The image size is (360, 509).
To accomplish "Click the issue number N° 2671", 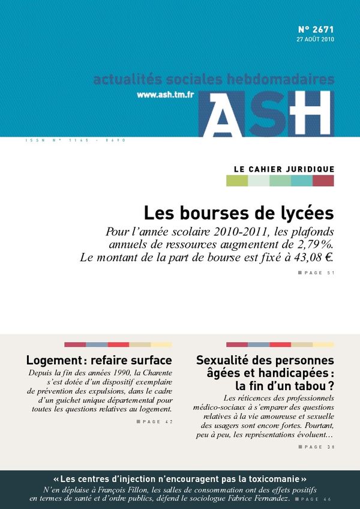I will pos(316,29).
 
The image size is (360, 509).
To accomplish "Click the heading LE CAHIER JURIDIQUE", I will pos(284,169).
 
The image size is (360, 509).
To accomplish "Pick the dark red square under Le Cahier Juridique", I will pos(323,181).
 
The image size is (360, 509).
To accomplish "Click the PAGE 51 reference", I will pos(319,273).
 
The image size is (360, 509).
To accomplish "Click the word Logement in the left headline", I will pos(53,361).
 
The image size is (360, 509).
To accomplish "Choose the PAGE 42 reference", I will pos(157,422).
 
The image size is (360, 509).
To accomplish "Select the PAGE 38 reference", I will pos(319,447).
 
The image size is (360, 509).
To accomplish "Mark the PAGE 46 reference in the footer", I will pos(317,499).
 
